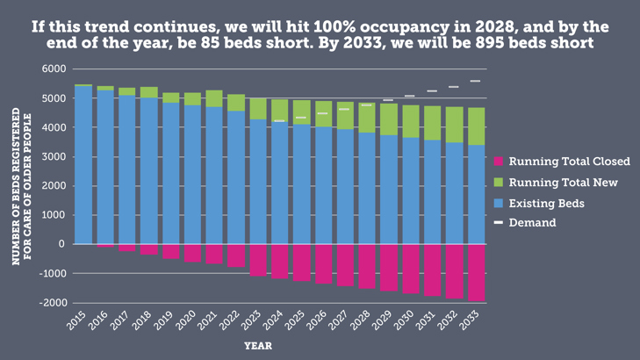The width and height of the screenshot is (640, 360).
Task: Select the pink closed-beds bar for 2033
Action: point(475,272)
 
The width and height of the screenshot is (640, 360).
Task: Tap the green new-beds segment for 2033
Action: point(475,126)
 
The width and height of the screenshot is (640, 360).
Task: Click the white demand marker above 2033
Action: point(475,81)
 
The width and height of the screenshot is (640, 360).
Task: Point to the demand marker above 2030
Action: point(410,96)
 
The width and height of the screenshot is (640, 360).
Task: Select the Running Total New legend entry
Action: point(563,183)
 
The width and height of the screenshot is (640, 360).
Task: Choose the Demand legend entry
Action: point(532,223)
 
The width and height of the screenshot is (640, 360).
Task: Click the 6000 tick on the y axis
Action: point(54,69)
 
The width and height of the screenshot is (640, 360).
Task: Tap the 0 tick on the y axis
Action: point(62,244)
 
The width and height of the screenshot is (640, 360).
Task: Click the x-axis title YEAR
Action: point(257,346)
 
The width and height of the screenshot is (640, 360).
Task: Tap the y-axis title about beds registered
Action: point(21,184)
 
